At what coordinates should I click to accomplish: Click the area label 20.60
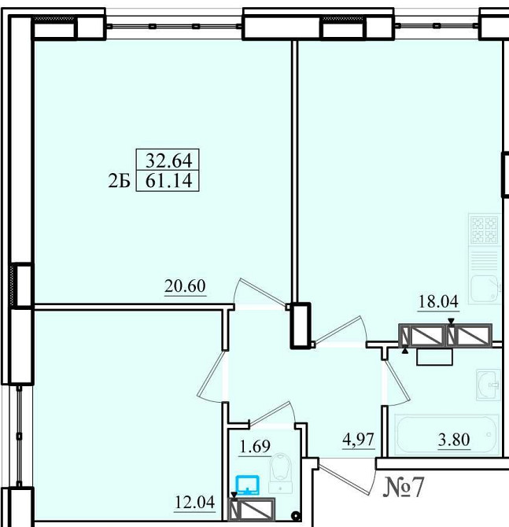[x=185, y=286]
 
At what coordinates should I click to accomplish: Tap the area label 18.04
[x=438, y=301]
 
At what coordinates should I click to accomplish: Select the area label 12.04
[x=194, y=503]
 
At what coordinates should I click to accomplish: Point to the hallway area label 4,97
[x=359, y=439]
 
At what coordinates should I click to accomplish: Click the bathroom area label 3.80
[x=454, y=440]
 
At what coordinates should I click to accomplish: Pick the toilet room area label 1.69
[x=255, y=446]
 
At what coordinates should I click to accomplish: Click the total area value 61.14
[x=169, y=181]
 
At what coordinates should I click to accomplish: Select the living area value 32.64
[x=169, y=160]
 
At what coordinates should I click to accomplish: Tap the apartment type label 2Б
[x=119, y=182]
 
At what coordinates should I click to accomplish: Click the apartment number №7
[x=403, y=487]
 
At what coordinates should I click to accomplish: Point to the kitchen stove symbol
[x=485, y=230]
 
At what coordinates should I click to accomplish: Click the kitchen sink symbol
[x=485, y=289]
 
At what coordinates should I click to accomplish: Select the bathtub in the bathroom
[x=447, y=436]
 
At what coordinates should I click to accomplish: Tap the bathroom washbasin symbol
[x=489, y=385]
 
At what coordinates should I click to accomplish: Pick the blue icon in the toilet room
[x=248, y=485]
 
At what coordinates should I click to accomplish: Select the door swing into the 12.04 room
[x=211, y=377]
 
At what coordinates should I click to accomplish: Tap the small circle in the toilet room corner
[x=296, y=515]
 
